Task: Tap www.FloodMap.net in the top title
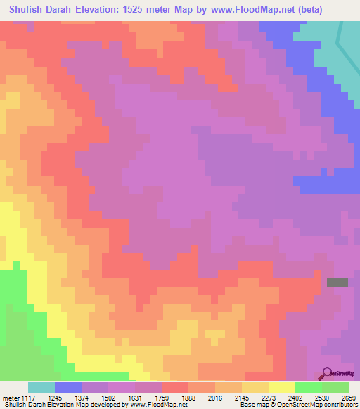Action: tap(259, 11)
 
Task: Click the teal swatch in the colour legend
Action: tap(41, 387)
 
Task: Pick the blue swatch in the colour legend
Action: tap(68, 387)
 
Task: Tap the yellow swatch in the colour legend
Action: tap(282, 387)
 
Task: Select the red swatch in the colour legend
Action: tap(175, 387)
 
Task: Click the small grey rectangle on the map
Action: tap(337, 283)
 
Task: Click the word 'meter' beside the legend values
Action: tap(10, 397)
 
